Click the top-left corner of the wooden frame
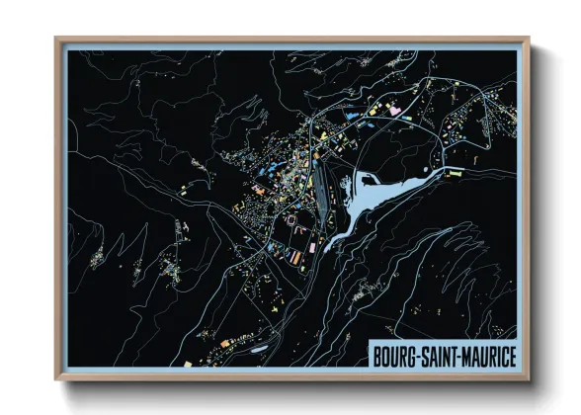(x=57, y=40)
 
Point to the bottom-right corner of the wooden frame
(x=530, y=378)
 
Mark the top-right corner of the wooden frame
(x=530, y=40)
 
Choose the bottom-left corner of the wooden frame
(x=57, y=378)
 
